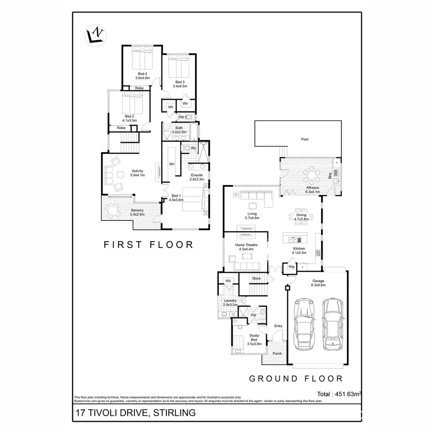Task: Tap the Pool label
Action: coord(305,140)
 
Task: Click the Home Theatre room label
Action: coord(246,247)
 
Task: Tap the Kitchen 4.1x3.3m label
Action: coord(299,251)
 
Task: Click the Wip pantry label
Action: coord(291,267)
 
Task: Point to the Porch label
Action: coord(277,354)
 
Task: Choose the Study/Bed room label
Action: coord(254,340)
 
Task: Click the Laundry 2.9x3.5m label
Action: coord(230,303)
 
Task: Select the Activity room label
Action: coord(137,173)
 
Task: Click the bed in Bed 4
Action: coord(142,59)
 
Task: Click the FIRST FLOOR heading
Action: coord(148,245)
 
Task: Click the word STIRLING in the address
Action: coord(172,413)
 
